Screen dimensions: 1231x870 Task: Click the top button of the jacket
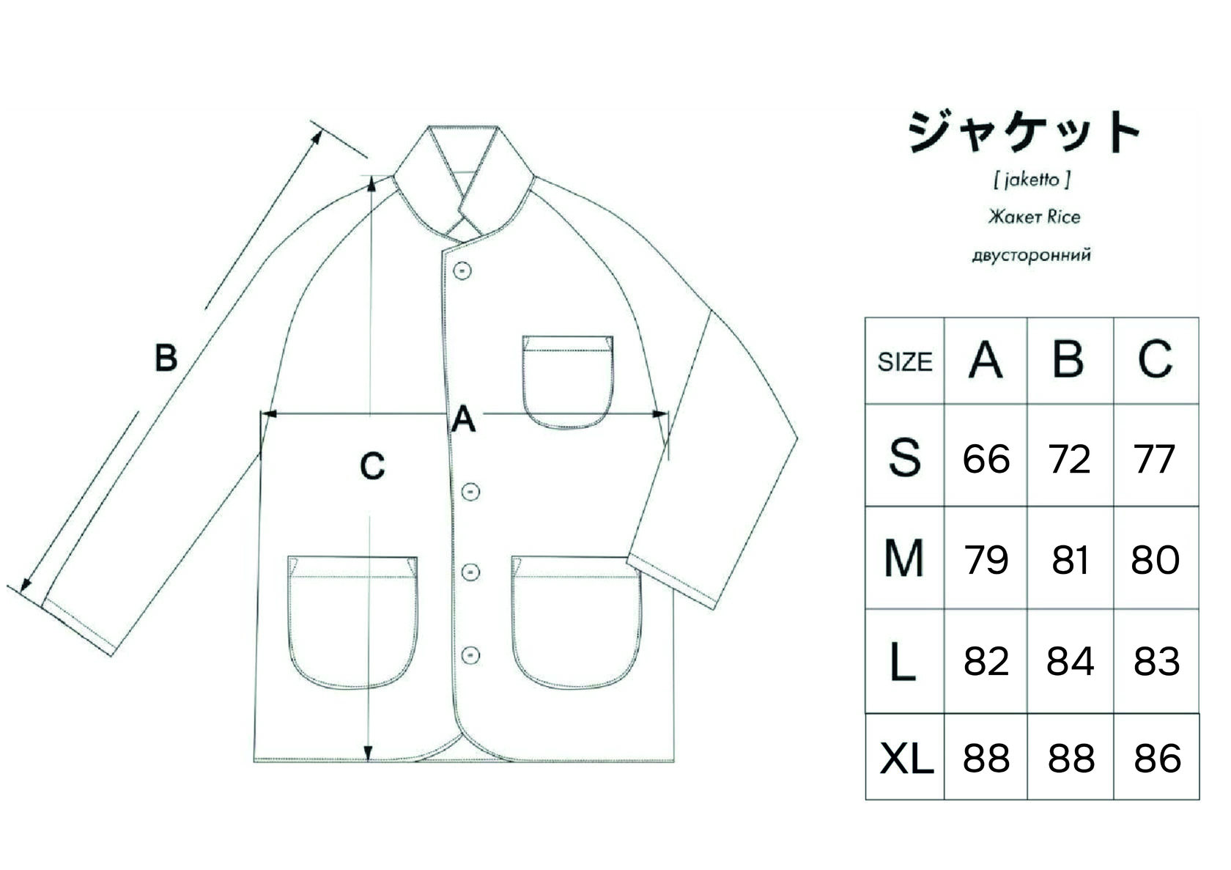[462, 270]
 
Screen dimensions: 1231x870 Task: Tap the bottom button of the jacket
[471, 654]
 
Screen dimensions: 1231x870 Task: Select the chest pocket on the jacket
[568, 381]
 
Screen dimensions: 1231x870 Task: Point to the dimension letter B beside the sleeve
[166, 358]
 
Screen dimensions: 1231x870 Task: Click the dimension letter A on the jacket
[463, 421]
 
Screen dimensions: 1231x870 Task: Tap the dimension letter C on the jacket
[373, 465]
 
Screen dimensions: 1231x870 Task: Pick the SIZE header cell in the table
[905, 361]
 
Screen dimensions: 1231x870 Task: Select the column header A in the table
[986, 360]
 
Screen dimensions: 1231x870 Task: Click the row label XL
[906, 759]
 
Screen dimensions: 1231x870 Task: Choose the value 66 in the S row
[986, 460]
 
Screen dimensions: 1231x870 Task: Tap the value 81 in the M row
[1070, 561]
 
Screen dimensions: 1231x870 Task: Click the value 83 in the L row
[1156, 662]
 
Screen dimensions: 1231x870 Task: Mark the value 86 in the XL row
[1157, 759]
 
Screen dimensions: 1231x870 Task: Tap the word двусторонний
[1031, 256]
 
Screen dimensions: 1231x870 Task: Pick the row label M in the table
[903, 559]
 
